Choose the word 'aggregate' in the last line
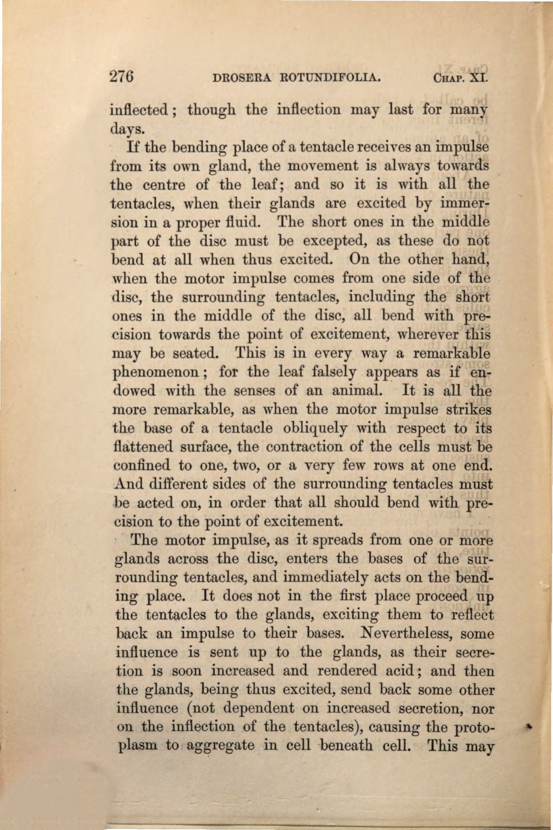click(220, 746)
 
